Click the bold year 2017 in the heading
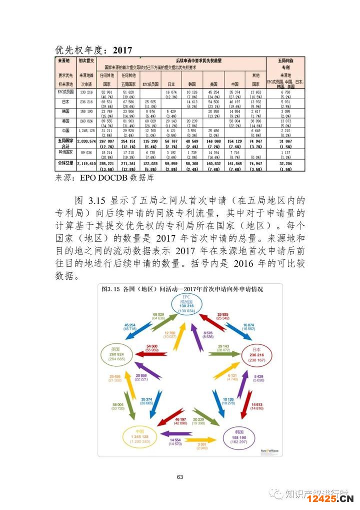[122, 50]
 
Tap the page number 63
[180, 477]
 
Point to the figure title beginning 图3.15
[182, 289]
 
